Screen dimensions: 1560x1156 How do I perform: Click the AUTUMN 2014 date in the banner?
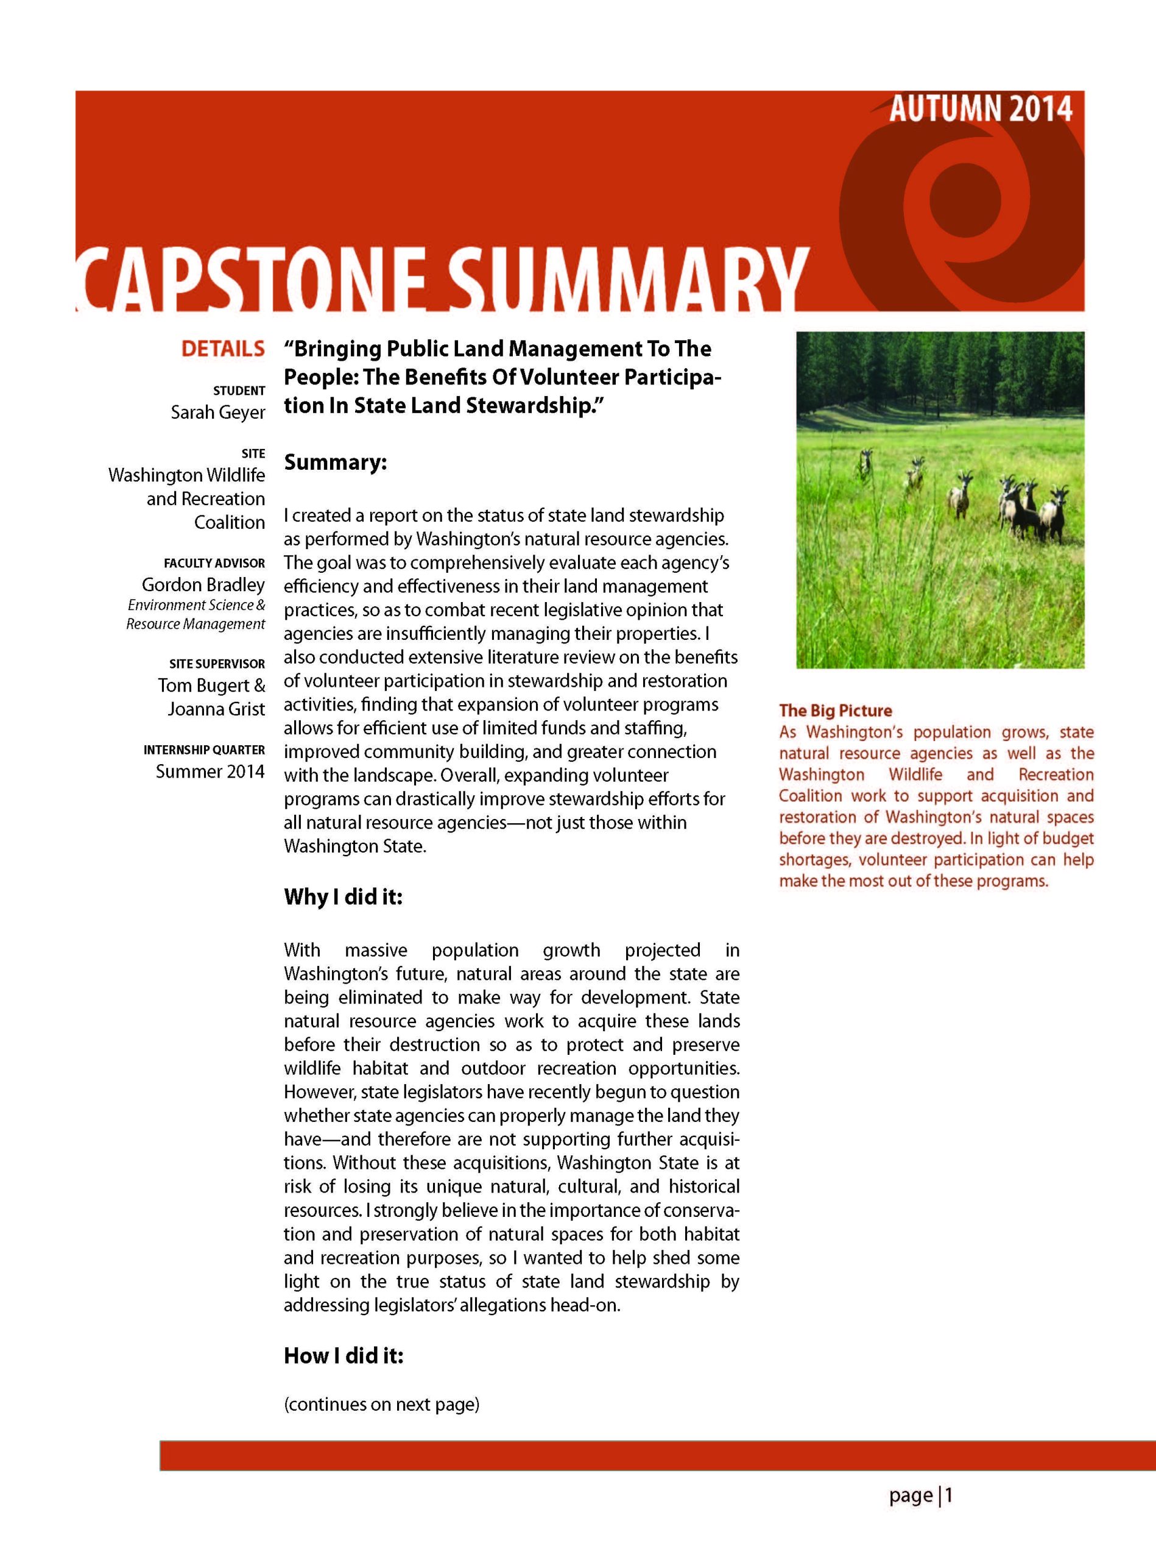click(x=981, y=109)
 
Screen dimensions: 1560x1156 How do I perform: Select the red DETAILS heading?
click(x=222, y=349)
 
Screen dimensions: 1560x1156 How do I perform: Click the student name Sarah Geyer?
click(x=217, y=413)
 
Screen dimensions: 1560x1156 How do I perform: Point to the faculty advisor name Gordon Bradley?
click(x=203, y=584)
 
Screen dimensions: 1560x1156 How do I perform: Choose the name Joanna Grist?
click(x=216, y=709)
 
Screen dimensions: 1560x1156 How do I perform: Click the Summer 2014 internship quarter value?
click(x=210, y=771)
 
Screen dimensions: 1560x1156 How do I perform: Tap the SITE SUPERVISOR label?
click(x=217, y=664)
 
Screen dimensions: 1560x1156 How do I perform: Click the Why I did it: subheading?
click(x=343, y=898)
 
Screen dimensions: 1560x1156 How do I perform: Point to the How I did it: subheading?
click(x=344, y=1356)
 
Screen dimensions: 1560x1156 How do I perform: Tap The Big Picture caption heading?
click(x=836, y=711)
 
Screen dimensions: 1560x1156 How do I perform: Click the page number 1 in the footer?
click(x=949, y=1496)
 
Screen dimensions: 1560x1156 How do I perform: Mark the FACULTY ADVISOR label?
click(x=214, y=563)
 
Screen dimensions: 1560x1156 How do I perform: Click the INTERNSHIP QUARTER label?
click(x=203, y=750)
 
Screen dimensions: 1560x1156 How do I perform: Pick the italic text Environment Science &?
click(x=196, y=605)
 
